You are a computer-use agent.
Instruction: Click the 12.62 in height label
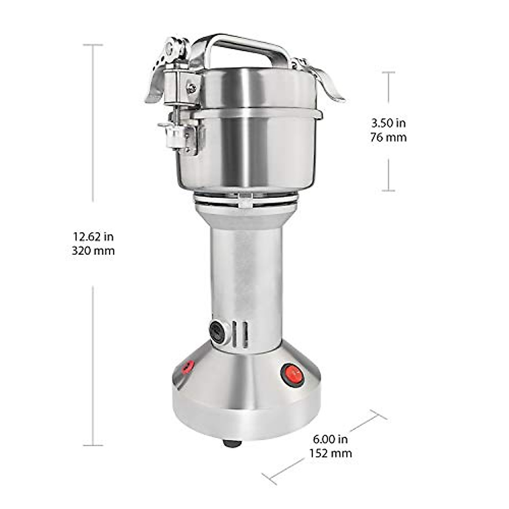(x=93, y=236)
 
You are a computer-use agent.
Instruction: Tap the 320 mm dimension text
(x=93, y=251)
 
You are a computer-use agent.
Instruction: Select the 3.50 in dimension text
(x=388, y=123)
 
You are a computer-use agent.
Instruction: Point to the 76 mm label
(x=388, y=137)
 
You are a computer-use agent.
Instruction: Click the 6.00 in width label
(x=330, y=439)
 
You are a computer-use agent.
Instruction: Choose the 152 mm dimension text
(x=330, y=453)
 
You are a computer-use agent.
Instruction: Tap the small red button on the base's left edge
(x=187, y=366)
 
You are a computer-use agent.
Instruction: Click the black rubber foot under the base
(x=232, y=444)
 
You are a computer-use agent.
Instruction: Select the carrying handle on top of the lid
(x=242, y=45)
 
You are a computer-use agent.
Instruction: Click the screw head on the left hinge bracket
(x=191, y=88)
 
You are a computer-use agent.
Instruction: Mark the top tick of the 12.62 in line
(x=93, y=45)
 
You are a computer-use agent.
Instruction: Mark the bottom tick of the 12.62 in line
(x=93, y=445)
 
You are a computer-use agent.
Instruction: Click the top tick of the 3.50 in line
(x=388, y=73)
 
